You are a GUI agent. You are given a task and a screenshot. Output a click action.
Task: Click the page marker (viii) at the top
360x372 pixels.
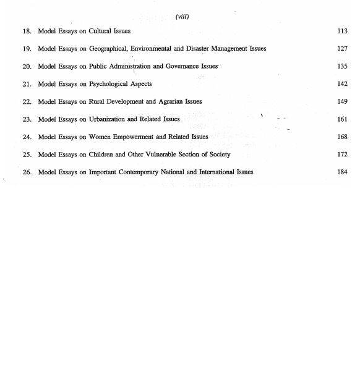click(182, 17)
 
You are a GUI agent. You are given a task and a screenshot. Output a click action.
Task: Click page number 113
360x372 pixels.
click(342, 31)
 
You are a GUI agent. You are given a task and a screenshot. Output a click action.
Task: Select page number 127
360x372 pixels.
click(342, 49)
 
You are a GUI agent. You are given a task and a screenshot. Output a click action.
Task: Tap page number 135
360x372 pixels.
click(342, 66)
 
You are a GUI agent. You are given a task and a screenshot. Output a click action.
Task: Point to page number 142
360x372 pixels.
click(342, 84)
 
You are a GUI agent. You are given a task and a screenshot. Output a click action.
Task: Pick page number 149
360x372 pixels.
click(342, 101)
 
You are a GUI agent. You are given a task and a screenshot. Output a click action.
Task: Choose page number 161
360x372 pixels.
click(342, 119)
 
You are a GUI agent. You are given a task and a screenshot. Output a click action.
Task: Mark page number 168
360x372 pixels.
click(342, 137)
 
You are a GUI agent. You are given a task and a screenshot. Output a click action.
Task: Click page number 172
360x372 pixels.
click(342, 154)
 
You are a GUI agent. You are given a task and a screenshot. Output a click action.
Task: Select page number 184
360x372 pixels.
click(342, 172)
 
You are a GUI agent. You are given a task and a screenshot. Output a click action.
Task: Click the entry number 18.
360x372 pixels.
click(27, 31)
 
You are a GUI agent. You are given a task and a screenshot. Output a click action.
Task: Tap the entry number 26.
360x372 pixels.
click(27, 172)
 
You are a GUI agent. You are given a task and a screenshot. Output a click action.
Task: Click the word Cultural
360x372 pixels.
click(100, 31)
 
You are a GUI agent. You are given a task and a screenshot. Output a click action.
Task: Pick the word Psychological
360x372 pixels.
click(111, 84)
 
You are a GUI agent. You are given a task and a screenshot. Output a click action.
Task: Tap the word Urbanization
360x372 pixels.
click(107, 119)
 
